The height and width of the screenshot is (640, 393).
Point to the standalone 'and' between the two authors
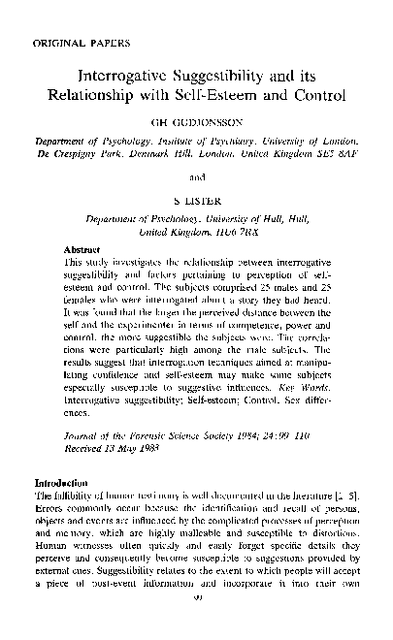(x=196, y=177)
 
